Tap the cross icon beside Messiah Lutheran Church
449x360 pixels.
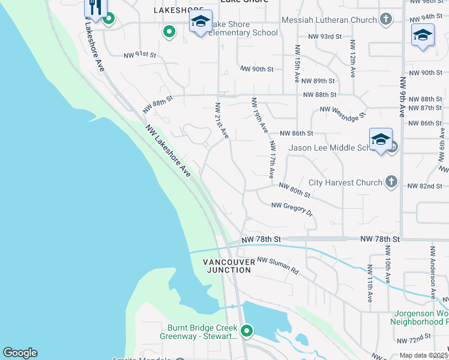(386, 20)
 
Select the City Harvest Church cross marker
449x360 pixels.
(391, 182)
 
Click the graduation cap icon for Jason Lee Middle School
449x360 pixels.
(381, 140)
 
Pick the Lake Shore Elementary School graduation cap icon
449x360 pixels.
(200, 22)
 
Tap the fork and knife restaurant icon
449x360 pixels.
(95, 7)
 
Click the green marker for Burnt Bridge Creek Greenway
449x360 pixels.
(246, 331)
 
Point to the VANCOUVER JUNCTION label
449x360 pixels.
(227, 266)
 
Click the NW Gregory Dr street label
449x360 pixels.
(292, 209)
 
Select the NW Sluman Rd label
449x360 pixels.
(278, 266)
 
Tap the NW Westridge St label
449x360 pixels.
(342, 112)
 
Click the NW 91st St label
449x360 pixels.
(139, 55)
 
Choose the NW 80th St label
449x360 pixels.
(294, 191)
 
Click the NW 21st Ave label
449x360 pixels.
(221, 121)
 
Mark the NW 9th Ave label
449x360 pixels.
(402, 96)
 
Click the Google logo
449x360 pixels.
(20, 353)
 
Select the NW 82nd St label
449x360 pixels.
(424, 187)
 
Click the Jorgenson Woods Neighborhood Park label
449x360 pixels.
(421, 319)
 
